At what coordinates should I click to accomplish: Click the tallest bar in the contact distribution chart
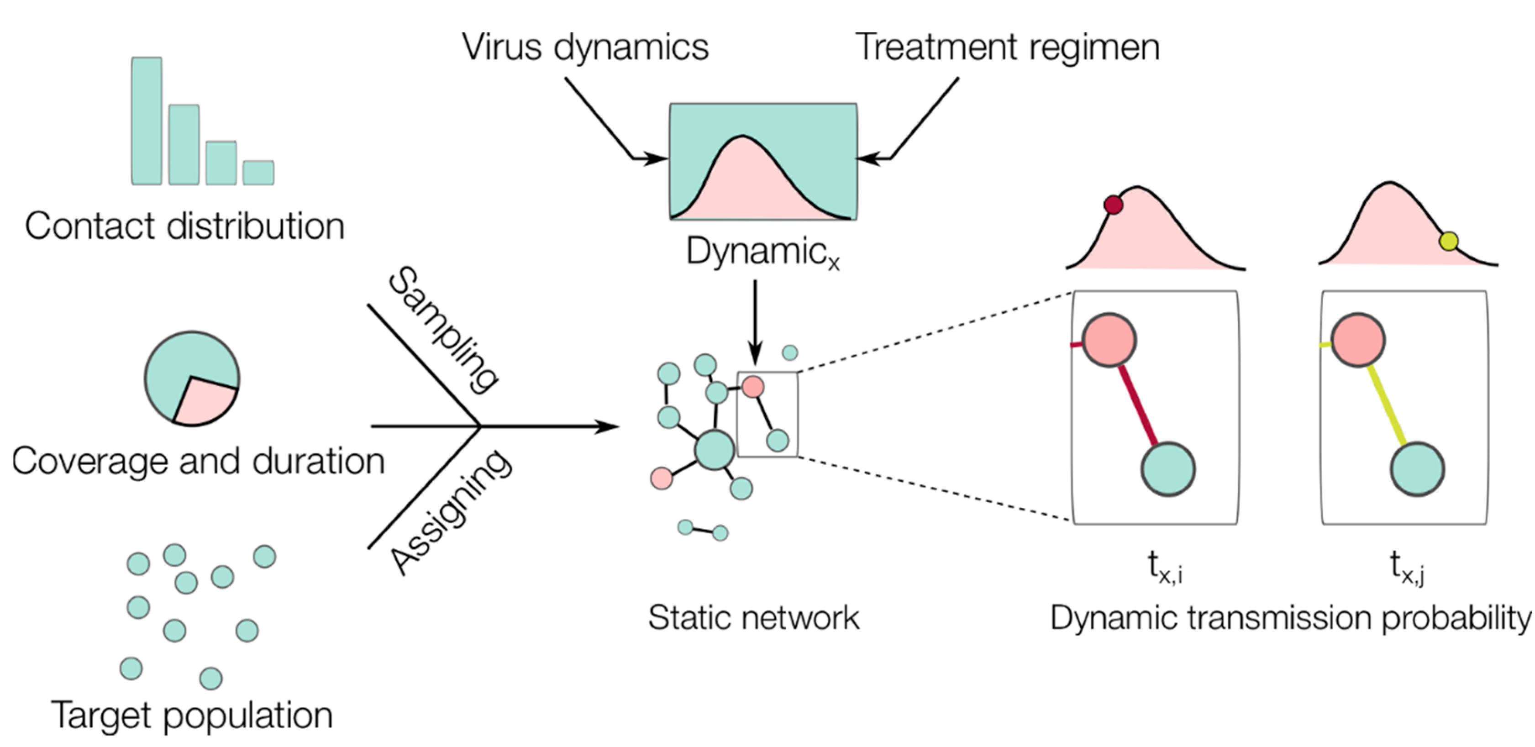click(147, 121)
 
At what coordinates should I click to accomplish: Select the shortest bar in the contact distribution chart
click(258, 173)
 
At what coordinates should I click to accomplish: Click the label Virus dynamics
click(585, 47)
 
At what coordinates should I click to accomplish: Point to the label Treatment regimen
click(1007, 47)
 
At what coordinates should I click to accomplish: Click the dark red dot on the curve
click(1113, 205)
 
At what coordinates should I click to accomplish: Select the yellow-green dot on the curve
click(1449, 241)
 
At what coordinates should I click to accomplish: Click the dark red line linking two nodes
click(1138, 405)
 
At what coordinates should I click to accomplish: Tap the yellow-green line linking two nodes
click(1387, 405)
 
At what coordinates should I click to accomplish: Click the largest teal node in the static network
click(715, 450)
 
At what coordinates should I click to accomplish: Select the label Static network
click(753, 618)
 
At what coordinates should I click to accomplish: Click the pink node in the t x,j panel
click(1358, 340)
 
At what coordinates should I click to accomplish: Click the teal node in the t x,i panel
click(1168, 469)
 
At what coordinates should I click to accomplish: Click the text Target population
click(192, 715)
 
